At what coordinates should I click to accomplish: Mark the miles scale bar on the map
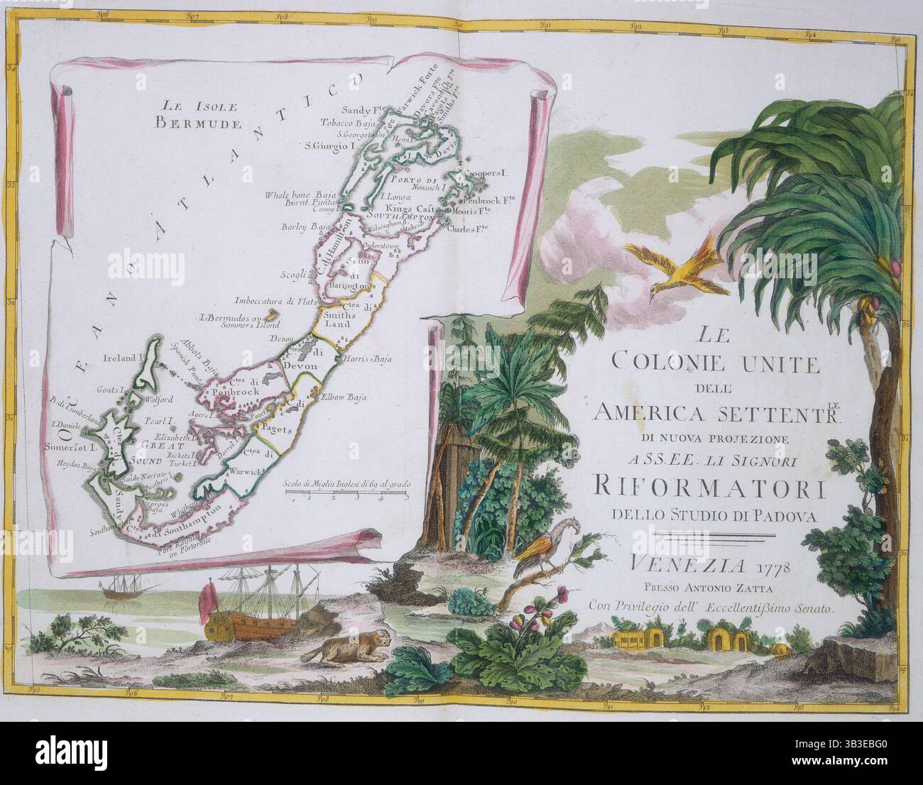[345, 495]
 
